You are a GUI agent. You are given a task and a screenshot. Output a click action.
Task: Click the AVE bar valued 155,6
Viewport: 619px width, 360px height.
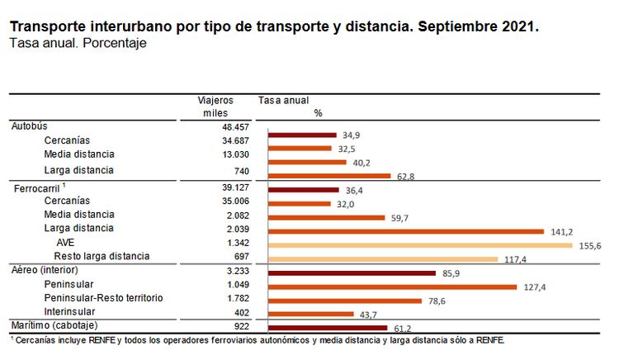419,245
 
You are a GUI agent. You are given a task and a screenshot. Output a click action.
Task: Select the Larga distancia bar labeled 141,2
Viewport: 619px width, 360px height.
405,231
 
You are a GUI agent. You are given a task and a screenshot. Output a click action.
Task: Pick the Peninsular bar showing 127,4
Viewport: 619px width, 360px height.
391,287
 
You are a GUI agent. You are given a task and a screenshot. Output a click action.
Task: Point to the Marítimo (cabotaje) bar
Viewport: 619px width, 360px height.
326,328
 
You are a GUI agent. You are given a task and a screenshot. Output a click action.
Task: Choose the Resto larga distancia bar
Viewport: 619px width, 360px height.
382,259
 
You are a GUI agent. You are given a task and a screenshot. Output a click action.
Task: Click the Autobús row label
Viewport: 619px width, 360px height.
30,126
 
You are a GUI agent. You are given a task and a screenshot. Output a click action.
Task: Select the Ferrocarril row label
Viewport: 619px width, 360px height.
37,189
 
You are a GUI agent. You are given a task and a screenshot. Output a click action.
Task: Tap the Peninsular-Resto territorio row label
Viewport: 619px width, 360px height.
103,297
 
